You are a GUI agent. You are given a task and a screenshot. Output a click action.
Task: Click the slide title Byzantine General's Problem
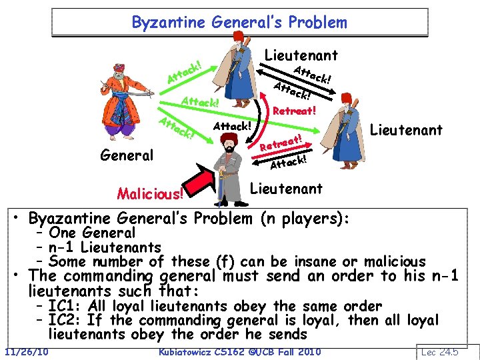(239, 22)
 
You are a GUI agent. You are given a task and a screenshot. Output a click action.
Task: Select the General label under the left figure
(126, 155)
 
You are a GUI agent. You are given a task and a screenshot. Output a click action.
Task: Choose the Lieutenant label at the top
(301, 55)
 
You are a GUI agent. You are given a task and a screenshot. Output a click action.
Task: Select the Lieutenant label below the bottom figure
(286, 189)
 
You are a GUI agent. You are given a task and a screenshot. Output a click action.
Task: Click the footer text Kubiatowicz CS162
(207, 351)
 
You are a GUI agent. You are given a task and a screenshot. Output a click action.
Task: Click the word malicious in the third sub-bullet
(386, 261)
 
